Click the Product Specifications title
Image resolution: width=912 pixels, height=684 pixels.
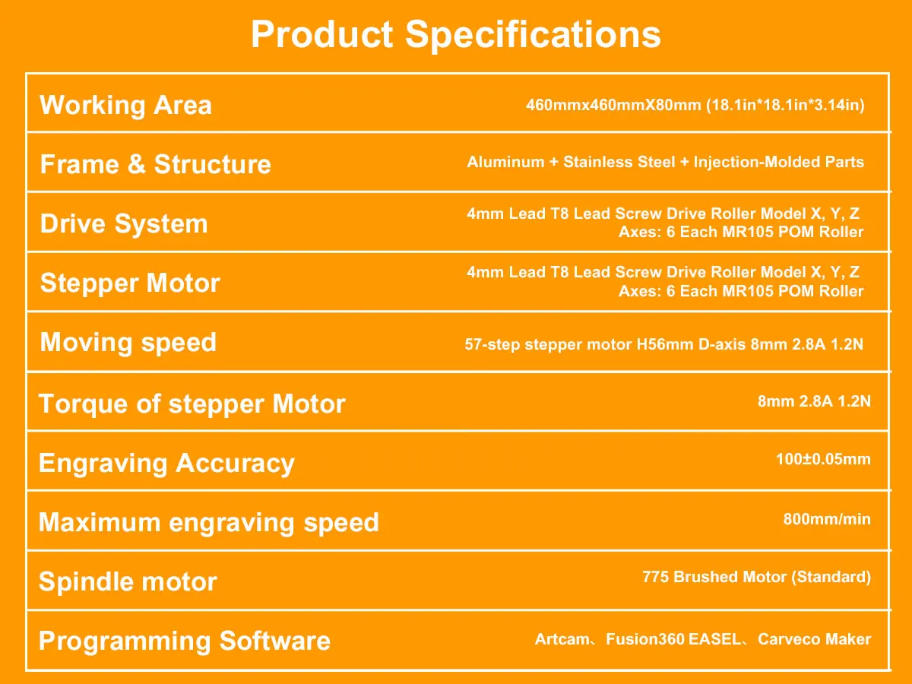click(456, 35)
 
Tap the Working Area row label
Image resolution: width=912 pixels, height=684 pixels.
click(125, 106)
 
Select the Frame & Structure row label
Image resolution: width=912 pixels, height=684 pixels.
click(155, 164)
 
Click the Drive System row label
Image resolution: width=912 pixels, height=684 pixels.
click(124, 224)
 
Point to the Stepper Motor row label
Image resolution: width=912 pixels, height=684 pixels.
click(130, 283)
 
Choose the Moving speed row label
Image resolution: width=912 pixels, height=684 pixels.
click(128, 343)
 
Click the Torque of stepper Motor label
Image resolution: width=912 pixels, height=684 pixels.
click(192, 404)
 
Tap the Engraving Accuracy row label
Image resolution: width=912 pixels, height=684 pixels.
click(166, 464)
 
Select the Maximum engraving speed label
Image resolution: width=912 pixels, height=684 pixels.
click(208, 522)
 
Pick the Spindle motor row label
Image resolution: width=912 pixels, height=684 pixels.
click(128, 581)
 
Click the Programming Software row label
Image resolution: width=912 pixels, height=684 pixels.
click(185, 641)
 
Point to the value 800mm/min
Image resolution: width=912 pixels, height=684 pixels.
click(827, 519)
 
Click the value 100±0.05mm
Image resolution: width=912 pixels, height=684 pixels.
click(823, 459)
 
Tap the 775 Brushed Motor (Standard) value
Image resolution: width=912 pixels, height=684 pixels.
click(757, 577)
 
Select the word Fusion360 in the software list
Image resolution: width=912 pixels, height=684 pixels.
click(645, 639)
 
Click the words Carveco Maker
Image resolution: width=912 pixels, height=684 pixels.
click(815, 639)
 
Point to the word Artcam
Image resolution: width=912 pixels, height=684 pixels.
click(562, 639)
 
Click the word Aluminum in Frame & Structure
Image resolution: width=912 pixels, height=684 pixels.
click(505, 162)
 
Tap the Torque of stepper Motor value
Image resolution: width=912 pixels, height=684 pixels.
click(814, 401)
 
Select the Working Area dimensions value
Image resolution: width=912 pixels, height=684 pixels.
click(695, 105)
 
